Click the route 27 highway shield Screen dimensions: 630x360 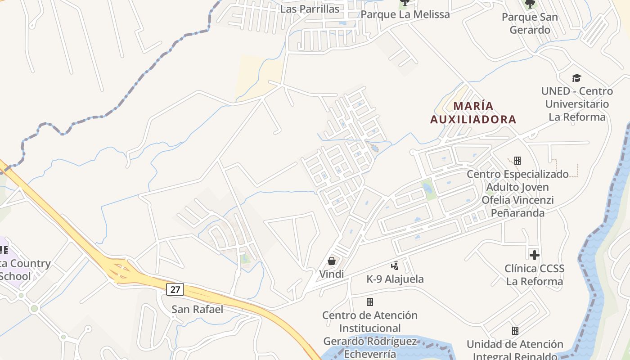click(175, 289)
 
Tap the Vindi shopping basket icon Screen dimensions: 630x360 click(332, 261)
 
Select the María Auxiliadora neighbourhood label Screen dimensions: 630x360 click(473, 112)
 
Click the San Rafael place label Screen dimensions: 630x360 click(197, 309)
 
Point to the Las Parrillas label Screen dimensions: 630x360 click(310, 9)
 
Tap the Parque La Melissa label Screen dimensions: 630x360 click(405, 14)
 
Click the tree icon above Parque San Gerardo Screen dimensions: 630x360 click(530, 4)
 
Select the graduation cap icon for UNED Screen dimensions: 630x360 click(576, 78)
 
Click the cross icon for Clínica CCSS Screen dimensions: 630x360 click(534, 255)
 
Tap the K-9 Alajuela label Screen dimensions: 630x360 click(395, 279)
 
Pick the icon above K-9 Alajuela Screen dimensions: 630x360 click(395, 266)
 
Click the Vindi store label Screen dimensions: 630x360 click(332, 274)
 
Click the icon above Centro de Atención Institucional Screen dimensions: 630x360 click(370, 302)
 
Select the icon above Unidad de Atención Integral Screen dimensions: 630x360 click(515, 331)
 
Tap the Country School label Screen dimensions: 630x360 click(22, 270)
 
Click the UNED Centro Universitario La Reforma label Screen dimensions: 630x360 click(577, 104)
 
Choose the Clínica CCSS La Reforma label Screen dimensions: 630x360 click(534, 275)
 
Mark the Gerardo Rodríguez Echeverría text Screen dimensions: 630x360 click(370, 347)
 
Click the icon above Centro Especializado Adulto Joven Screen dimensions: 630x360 click(517, 161)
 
